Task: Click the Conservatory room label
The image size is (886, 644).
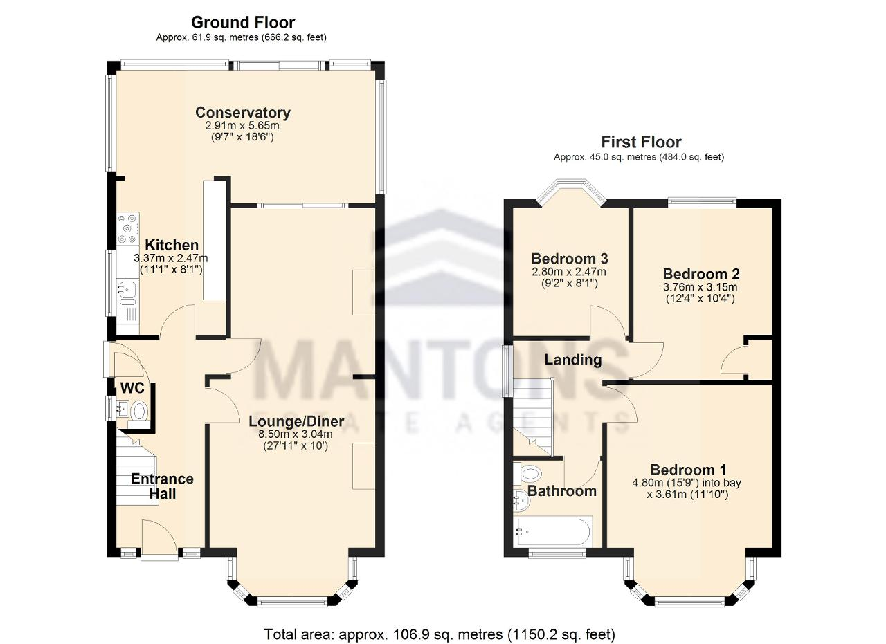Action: tap(243, 113)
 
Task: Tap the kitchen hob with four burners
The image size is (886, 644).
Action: tap(128, 228)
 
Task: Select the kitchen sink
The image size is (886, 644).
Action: tap(127, 293)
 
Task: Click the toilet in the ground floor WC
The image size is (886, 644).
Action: tap(139, 412)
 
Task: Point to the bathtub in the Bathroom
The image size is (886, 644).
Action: tap(553, 532)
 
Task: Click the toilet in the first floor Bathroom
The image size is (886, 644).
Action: tap(527, 473)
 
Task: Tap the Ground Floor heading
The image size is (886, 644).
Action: tap(243, 23)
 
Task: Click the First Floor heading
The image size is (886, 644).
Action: tap(641, 142)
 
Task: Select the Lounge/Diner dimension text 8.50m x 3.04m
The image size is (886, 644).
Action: tap(296, 434)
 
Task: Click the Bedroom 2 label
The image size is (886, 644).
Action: tap(701, 273)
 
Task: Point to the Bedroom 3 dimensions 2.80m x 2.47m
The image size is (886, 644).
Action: tap(569, 272)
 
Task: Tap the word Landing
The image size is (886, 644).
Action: tap(573, 360)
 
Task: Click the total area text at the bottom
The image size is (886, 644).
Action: tap(440, 634)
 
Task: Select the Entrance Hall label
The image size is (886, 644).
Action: tap(162, 486)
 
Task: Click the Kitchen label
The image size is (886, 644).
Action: tap(172, 245)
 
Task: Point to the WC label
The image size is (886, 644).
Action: tap(132, 388)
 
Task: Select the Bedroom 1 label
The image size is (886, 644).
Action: tap(688, 470)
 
